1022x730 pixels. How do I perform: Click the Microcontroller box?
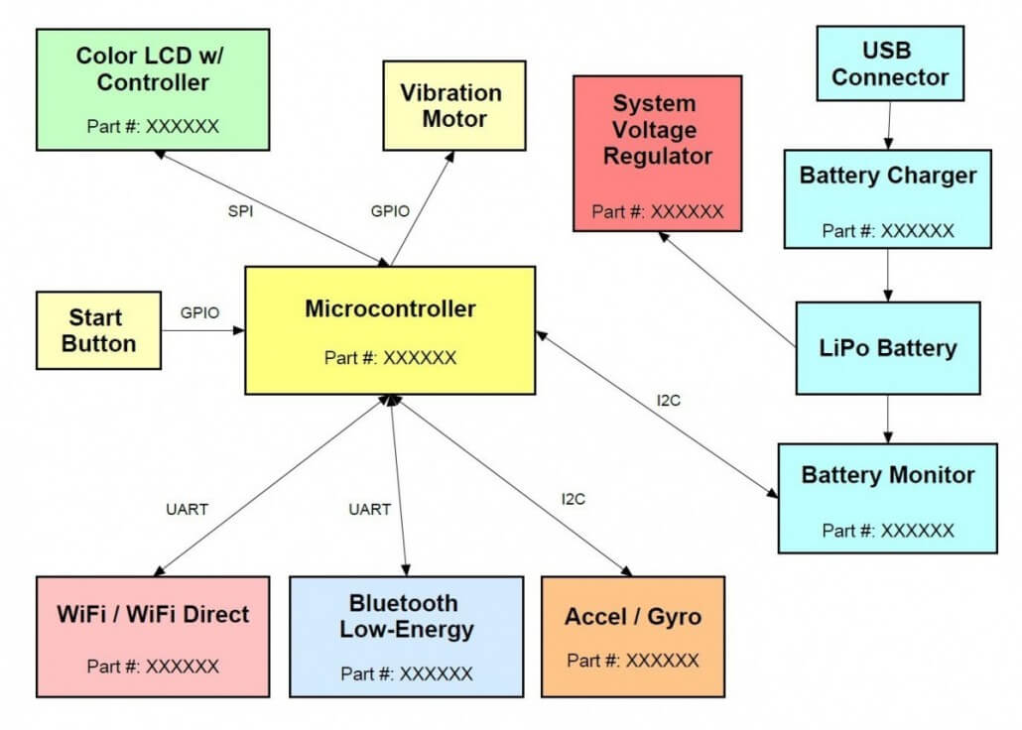point(390,330)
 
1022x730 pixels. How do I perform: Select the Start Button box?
point(98,330)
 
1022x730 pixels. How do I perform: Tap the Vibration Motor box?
point(450,106)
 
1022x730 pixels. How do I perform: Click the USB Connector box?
point(890,63)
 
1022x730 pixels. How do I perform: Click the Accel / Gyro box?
point(632,636)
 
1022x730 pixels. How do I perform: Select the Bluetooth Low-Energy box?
point(406,636)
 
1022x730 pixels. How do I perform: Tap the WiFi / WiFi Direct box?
point(153,636)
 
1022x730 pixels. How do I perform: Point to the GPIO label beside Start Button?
point(199,312)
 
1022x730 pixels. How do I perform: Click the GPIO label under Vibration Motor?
point(390,211)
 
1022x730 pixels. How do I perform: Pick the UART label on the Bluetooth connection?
point(369,509)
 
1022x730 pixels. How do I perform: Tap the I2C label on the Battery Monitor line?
point(670,402)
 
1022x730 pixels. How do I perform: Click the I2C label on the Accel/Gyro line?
point(573,499)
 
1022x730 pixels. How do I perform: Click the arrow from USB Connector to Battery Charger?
point(889,125)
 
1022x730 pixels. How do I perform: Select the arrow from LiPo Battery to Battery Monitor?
point(888,419)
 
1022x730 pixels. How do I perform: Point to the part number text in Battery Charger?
point(888,230)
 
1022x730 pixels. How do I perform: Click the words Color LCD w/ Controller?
point(152,67)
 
